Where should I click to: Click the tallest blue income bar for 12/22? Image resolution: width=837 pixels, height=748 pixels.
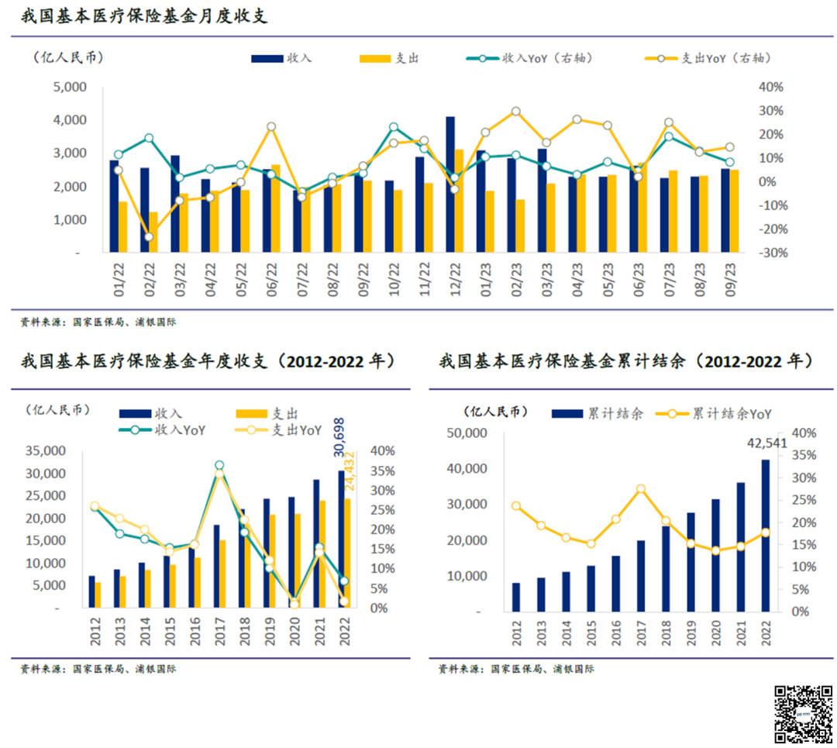coord(449,184)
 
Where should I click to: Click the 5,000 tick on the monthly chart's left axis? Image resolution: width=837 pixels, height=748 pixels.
coord(70,87)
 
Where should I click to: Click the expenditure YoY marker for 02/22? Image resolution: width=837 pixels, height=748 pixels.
coord(149,236)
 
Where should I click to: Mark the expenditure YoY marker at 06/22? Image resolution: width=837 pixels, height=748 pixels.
coord(271,126)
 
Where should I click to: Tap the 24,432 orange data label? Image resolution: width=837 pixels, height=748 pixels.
coord(350,471)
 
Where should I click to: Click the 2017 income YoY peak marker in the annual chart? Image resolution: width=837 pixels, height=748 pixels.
coord(219,466)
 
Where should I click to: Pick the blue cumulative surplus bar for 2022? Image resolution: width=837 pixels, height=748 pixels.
coord(765,535)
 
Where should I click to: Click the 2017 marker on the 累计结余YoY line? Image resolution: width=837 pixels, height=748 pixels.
coord(641,489)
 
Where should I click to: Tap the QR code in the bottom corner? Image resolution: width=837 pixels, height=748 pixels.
coord(804,713)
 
